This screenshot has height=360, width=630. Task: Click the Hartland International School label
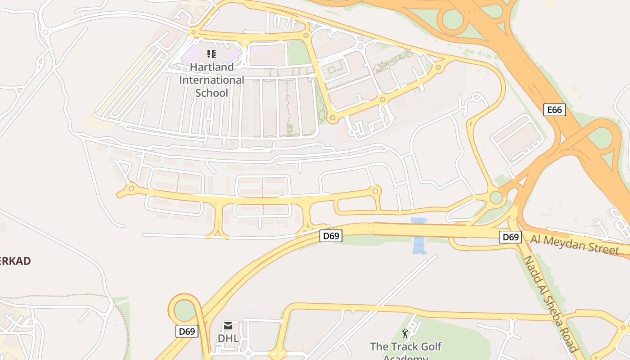(x=211, y=80)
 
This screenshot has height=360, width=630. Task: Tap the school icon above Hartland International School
(x=211, y=54)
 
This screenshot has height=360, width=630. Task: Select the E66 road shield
(x=554, y=109)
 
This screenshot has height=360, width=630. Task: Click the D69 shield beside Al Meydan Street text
(x=510, y=237)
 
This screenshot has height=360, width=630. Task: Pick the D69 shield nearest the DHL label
(x=186, y=332)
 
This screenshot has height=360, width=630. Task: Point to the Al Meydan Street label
(x=575, y=244)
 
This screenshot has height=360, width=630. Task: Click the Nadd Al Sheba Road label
(x=550, y=304)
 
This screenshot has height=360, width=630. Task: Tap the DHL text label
(x=228, y=338)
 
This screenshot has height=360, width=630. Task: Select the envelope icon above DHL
(x=228, y=326)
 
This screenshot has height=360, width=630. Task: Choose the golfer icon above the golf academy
(x=405, y=333)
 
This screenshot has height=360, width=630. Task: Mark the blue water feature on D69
(x=419, y=236)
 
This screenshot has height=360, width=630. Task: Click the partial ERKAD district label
(x=15, y=261)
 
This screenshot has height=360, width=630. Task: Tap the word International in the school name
(x=211, y=80)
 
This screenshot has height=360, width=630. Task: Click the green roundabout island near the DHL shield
(x=185, y=310)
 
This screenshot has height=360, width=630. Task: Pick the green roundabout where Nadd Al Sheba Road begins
(x=496, y=198)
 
